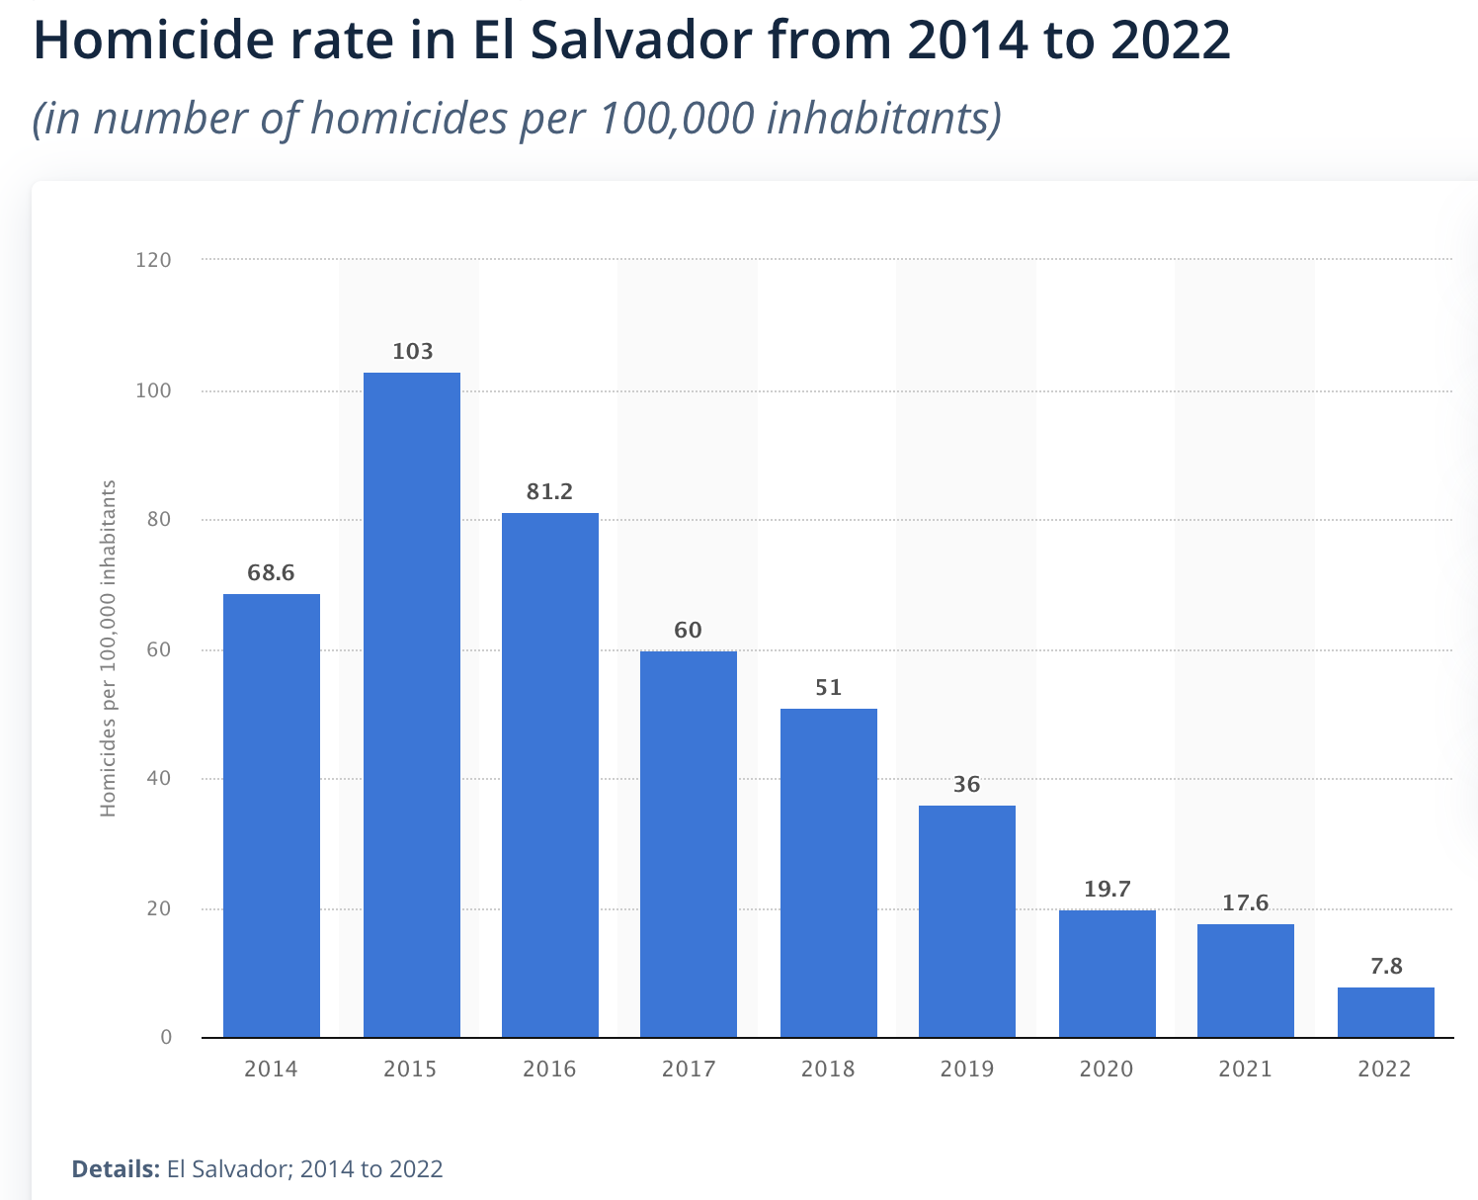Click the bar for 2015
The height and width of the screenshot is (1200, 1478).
point(411,704)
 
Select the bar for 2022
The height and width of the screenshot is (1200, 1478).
point(1385,1012)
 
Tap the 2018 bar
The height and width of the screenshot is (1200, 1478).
point(828,873)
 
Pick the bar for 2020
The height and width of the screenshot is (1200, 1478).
point(1107,974)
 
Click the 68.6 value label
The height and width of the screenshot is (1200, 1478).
point(271,573)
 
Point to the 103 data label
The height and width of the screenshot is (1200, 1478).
point(412,352)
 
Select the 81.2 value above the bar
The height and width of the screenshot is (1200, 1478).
point(549,492)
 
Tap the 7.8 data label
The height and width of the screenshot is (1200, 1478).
point(1386,967)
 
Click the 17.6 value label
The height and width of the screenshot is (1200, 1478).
point(1245,903)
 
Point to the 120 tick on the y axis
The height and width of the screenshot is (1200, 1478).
point(153,260)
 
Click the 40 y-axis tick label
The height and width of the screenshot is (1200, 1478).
point(159,779)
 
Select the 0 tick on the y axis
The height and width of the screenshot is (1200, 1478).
point(166,1037)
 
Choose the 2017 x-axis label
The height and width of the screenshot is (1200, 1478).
point(689,1069)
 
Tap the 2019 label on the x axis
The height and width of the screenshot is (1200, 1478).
point(967,1069)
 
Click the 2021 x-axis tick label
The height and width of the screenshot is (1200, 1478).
point(1245,1069)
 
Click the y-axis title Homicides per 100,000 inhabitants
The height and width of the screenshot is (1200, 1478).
point(109,648)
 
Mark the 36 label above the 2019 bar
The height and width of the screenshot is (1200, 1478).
point(966,785)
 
